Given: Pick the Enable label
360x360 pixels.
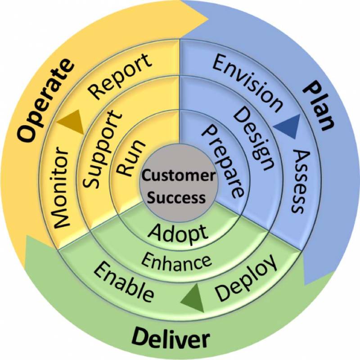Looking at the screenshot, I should [124, 283].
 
